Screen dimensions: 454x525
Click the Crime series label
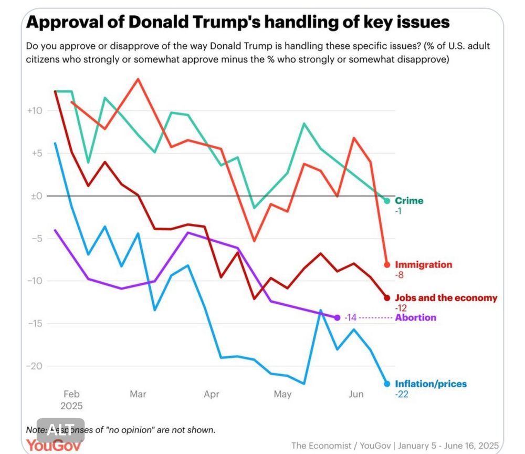click(409, 201)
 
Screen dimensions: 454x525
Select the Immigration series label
click(423, 264)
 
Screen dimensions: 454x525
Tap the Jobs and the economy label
click(446, 298)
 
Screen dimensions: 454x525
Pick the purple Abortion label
click(416, 317)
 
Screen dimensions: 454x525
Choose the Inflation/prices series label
click(430, 384)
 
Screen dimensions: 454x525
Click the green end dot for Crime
click(387, 201)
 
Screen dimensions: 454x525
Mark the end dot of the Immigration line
click(387, 264)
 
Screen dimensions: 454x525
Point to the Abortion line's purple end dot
click(337, 317)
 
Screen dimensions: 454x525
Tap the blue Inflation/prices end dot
click(387, 384)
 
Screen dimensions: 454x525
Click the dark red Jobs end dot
click(387, 298)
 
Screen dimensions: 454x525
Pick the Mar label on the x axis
click(138, 394)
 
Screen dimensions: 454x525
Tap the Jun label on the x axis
click(356, 394)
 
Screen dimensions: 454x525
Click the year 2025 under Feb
click(72, 406)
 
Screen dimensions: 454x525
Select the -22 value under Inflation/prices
click(402, 394)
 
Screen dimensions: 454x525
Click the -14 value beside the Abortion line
click(351, 318)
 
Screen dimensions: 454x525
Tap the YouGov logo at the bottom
click(54, 446)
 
